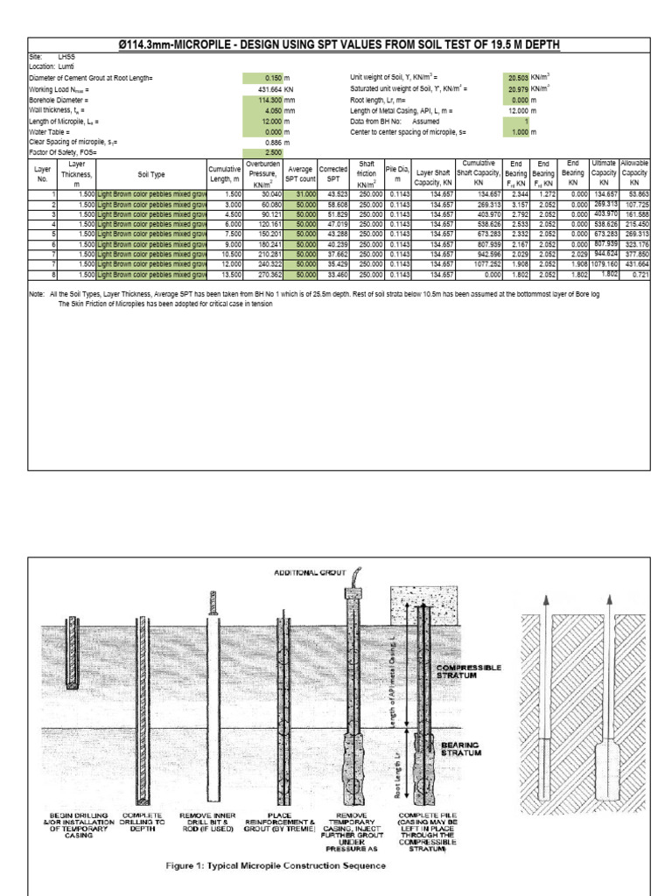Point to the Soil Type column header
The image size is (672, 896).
(x=150, y=174)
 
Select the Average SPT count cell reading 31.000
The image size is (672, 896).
(x=299, y=193)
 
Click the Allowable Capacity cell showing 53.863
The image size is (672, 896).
(x=633, y=193)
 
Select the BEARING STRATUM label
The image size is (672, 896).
(x=462, y=747)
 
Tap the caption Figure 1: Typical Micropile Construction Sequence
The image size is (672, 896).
(x=276, y=865)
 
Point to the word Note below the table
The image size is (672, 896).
(x=37, y=295)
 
